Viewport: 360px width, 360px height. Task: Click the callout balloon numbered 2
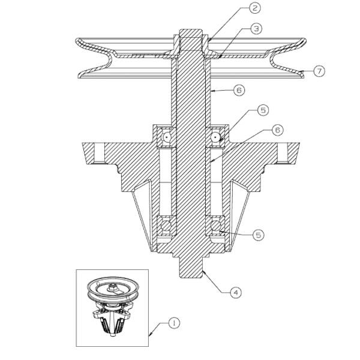[255, 8]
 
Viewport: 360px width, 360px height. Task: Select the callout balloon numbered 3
[256, 28]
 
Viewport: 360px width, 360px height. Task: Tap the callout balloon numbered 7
[319, 71]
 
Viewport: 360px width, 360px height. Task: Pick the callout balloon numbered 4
[236, 293]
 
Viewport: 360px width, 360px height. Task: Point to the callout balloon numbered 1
[174, 323]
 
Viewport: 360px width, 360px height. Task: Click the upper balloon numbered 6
[239, 90]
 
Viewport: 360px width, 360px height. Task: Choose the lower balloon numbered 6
[278, 130]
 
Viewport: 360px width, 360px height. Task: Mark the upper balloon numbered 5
[263, 110]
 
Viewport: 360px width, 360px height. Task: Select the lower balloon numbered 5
[258, 235]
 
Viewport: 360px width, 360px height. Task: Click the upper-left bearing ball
[166, 137]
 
